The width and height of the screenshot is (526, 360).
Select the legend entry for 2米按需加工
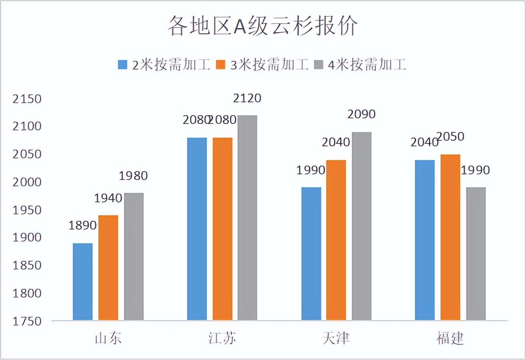point(164,64)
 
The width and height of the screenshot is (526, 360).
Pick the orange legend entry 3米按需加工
point(262,64)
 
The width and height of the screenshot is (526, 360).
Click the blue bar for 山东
point(83,282)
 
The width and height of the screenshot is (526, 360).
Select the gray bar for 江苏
point(247,218)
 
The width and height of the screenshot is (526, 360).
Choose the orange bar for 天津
point(336,240)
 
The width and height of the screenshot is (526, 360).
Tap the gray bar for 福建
point(476,254)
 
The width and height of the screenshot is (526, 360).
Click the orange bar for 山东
point(108,268)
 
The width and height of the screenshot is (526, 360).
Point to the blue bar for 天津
point(311,254)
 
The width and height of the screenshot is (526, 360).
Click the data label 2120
point(247,98)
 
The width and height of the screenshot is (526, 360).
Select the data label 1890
point(83,226)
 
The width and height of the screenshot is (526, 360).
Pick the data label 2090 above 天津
point(362,114)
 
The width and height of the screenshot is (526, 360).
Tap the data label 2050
point(450,137)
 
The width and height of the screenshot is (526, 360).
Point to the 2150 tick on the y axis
point(27,99)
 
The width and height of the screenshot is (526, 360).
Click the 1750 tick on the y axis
point(27,321)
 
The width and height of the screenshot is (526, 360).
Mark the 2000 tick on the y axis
point(27,182)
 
